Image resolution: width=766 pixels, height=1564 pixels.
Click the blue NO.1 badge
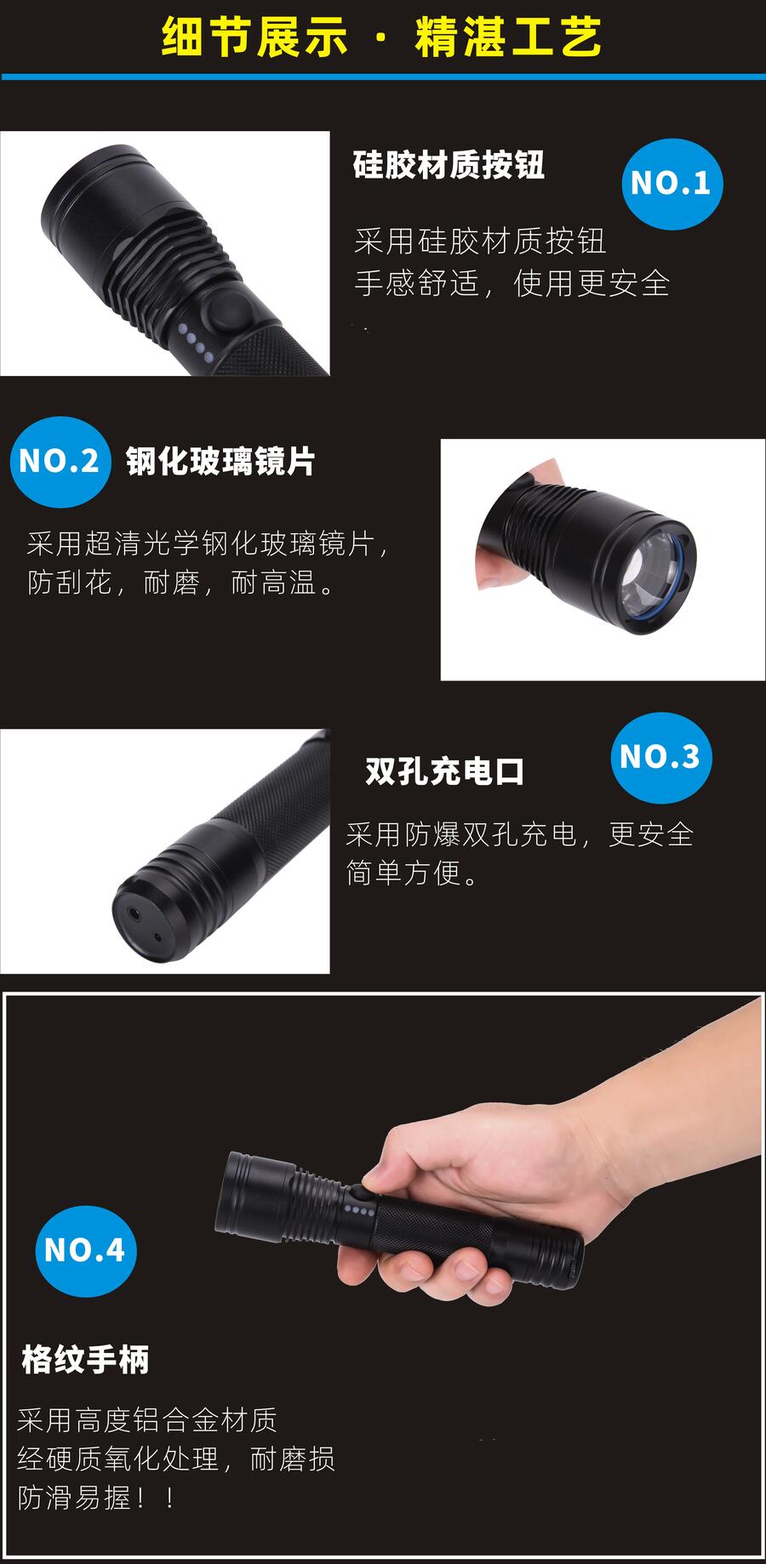coord(672,184)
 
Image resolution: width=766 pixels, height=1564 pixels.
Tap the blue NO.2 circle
coord(60,462)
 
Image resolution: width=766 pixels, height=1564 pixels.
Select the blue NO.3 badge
coord(661,757)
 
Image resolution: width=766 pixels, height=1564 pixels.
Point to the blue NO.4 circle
coord(85,1250)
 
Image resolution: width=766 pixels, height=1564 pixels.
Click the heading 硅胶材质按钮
coord(449,165)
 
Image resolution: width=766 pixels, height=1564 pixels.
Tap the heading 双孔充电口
coord(445,771)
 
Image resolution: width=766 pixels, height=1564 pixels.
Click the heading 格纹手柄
coord(85,1360)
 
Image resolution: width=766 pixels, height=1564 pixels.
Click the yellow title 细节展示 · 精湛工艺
coord(382,37)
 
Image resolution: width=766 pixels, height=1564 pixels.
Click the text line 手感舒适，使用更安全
coord(512,283)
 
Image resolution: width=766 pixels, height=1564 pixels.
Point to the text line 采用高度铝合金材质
coord(147,1419)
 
